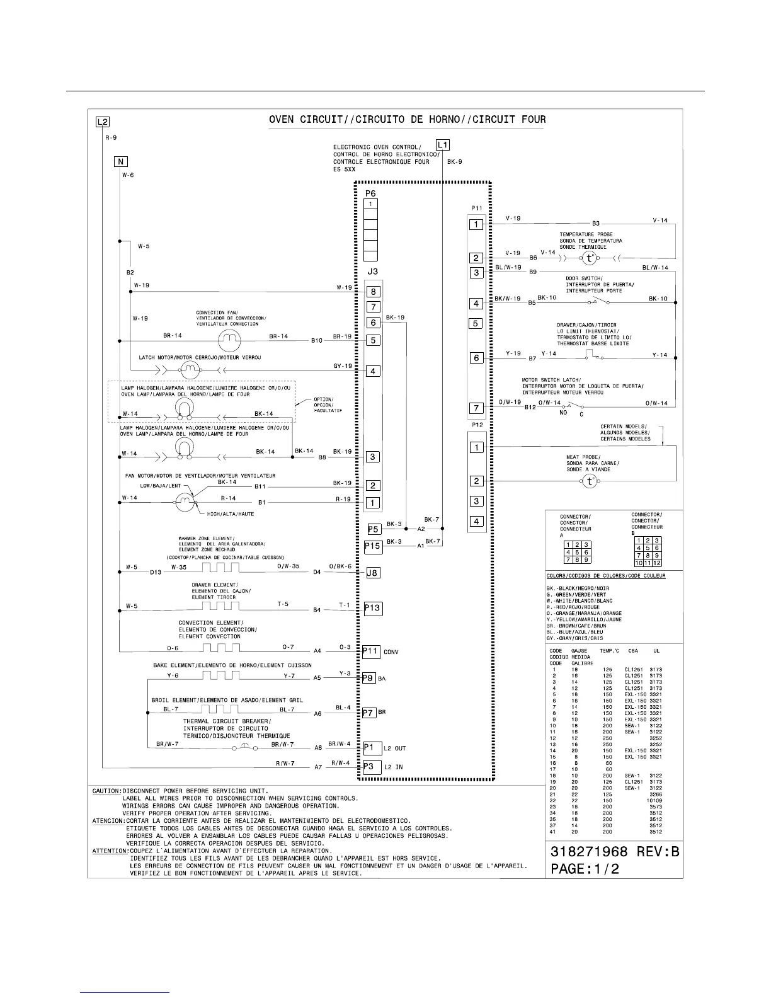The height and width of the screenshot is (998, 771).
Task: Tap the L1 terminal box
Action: pyautogui.click(x=443, y=145)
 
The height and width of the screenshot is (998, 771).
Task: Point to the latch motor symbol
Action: pyautogui.click(x=190, y=367)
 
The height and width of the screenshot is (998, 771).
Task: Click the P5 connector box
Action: pyautogui.click(x=374, y=529)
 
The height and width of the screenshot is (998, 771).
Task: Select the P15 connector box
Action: pyautogui.click(x=373, y=546)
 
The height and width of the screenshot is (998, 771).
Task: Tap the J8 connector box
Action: pyautogui.click(x=373, y=573)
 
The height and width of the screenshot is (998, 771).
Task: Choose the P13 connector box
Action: pyautogui.click(x=372, y=608)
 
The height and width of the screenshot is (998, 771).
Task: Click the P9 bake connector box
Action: pyautogui.click(x=368, y=678)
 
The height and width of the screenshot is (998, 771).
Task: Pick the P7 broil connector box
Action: pyautogui.click(x=368, y=713)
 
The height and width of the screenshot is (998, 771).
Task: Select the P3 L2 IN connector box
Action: pyautogui.click(x=372, y=766)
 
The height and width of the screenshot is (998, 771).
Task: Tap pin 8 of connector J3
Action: pyautogui.click(x=374, y=292)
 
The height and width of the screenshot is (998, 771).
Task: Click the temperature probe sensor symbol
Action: pyautogui.click(x=589, y=258)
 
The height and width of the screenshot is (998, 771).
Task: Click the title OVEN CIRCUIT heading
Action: pyautogui.click(x=407, y=120)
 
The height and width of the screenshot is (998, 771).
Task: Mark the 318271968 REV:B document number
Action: pyautogui.click(x=615, y=852)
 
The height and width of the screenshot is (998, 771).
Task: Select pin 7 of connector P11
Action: pyautogui.click(x=477, y=408)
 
